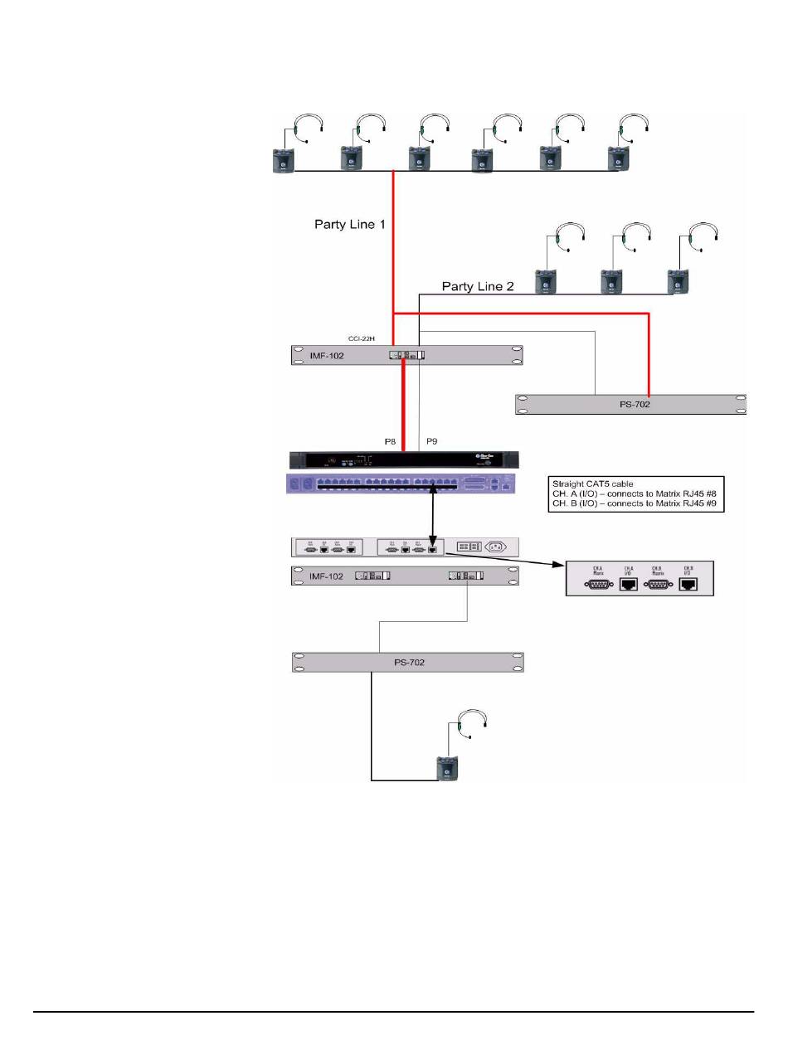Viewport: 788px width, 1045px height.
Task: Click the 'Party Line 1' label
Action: [x=350, y=224]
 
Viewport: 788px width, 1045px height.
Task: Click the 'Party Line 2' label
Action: [x=478, y=287]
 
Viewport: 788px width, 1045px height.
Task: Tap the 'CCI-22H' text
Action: [x=361, y=339]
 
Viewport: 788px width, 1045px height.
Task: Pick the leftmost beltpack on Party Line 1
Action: [x=284, y=159]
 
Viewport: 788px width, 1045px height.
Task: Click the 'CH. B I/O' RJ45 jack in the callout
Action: [x=688, y=584]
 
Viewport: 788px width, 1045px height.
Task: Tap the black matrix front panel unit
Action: [x=406, y=460]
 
